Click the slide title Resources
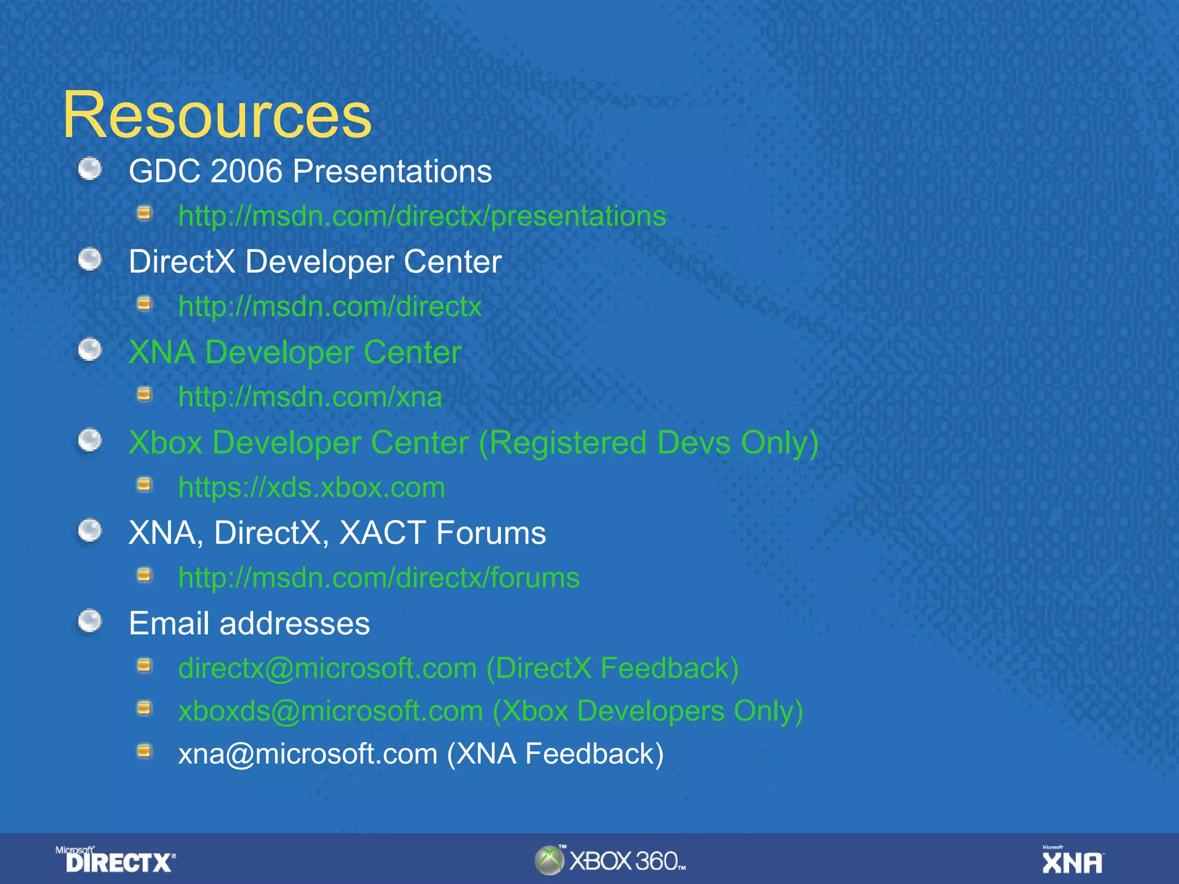click(x=217, y=115)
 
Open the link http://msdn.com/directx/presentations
click(x=422, y=216)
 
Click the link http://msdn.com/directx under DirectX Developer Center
click(x=330, y=307)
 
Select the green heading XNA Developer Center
click(x=295, y=352)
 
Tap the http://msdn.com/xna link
click(x=310, y=397)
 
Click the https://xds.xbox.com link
click(x=311, y=487)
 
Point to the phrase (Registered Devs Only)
click(x=649, y=443)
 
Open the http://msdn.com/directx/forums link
click(x=379, y=578)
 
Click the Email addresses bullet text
click(x=249, y=623)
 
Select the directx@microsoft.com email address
click(x=327, y=669)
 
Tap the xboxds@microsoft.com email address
click(x=330, y=711)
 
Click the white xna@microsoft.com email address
click(x=307, y=754)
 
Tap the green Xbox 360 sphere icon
click(x=549, y=860)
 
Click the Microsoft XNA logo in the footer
click(x=1072, y=860)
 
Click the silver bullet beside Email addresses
click(x=90, y=621)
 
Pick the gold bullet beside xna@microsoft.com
click(x=144, y=751)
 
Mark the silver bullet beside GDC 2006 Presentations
click(x=90, y=169)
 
